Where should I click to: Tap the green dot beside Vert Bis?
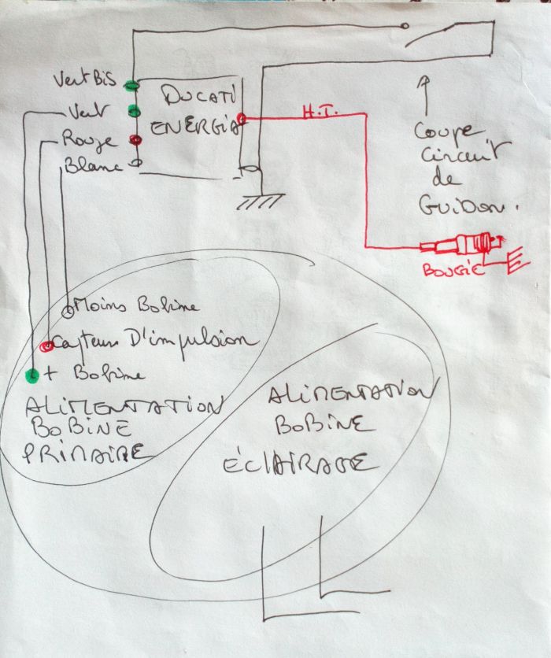pos(133,84)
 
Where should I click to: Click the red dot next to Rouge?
pos(135,140)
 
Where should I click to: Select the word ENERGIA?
pos(193,128)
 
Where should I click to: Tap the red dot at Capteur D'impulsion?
pos(47,345)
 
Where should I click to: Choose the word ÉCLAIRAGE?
pos(318,462)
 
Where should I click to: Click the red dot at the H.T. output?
pos(241,119)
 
